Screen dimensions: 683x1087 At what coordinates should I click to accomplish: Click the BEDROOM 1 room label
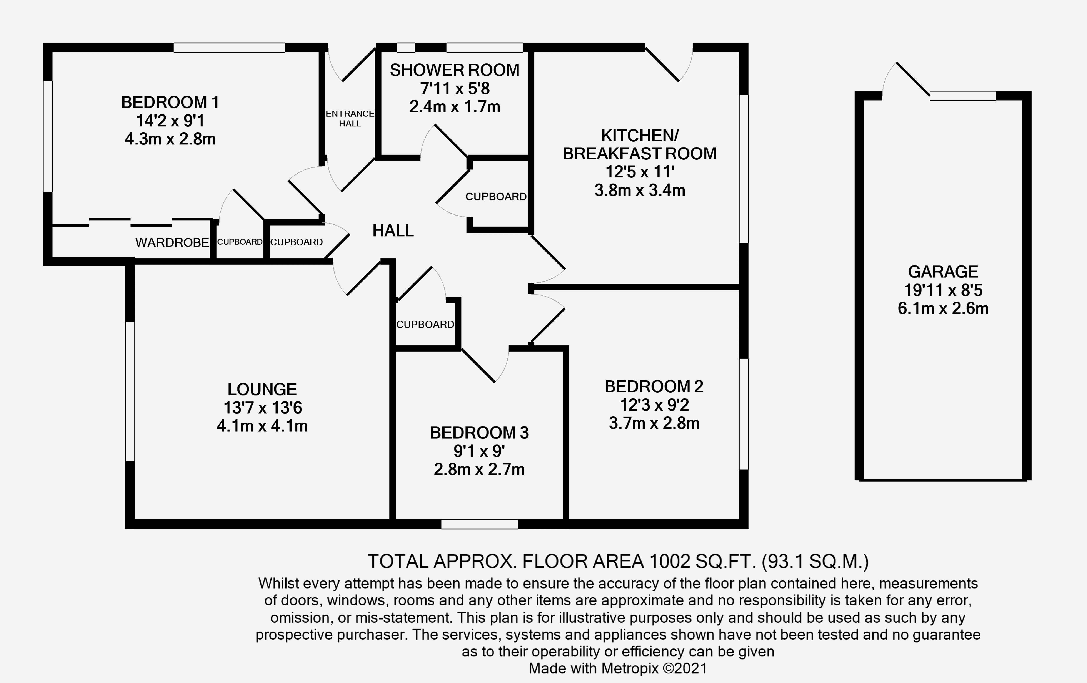(170, 102)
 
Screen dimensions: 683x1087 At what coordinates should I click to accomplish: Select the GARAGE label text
(943, 272)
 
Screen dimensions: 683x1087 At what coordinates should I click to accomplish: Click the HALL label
(393, 231)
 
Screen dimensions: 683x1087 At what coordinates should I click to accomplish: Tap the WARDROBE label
(172, 243)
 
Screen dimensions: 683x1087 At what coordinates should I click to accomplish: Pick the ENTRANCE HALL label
(350, 118)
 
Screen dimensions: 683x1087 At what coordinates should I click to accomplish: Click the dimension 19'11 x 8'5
(943, 290)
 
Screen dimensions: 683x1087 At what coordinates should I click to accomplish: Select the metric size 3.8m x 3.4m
(640, 190)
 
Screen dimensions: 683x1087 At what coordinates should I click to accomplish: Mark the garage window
(962, 96)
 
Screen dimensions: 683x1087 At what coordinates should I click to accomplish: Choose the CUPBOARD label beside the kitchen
(496, 197)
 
